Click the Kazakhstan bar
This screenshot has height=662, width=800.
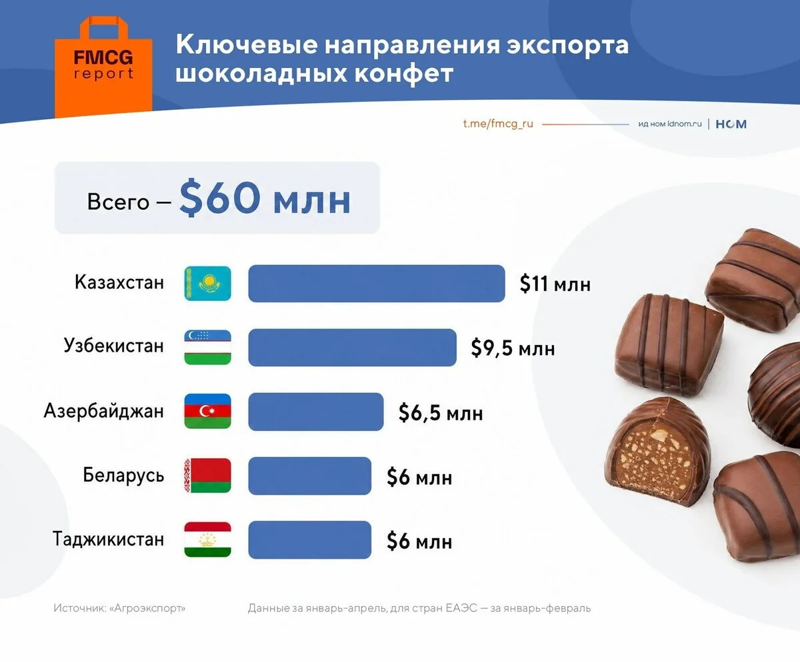pos(377,283)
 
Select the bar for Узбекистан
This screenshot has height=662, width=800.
pos(353,347)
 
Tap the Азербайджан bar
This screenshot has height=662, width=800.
pos(316,412)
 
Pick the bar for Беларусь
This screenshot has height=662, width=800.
pos(309,476)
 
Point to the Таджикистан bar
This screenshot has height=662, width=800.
pos(309,540)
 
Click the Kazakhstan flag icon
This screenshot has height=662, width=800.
pos(207,283)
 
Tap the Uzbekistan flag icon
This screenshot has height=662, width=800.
pos(207,347)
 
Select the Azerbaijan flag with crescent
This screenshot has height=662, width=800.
pos(207,411)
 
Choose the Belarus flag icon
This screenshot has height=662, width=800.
pos(207,476)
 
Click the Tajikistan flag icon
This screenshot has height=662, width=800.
pos(207,539)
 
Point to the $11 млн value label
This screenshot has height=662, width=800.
pos(555,284)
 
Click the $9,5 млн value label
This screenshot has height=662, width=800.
pos(513,348)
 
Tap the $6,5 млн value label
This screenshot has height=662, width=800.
pos(441,413)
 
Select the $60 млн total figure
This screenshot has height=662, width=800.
pos(265,198)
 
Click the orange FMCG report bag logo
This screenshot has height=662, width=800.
pos(103,67)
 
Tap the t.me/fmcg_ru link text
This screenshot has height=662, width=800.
pos(498,124)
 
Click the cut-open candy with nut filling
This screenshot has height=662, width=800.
pos(658,452)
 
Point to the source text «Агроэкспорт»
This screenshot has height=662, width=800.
pos(147,608)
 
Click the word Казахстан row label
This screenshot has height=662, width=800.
pos(119,282)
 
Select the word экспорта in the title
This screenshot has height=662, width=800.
pos(567,45)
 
